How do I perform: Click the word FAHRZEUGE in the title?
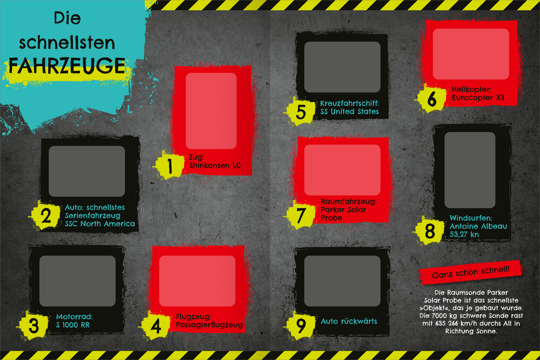click(x=67, y=66)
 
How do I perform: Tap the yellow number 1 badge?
click(x=170, y=166)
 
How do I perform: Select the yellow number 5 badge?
click(x=300, y=112)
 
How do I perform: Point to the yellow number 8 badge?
click(x=430, y=231)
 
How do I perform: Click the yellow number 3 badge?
click(x=34, y=325)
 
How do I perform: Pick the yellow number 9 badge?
click(x=300, y=325)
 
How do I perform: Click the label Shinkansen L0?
click(x=215, y=165)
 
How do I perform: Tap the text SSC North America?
click(x=100, y=224)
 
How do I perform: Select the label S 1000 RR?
click(x=73, y=325)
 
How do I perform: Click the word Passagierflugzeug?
click(x=209, y=325)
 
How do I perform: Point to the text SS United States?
click(x=349, y=111)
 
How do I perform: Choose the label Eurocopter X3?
click(x=478, y=97)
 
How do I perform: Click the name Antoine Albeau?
click(x=478, y=226)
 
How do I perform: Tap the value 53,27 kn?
click(x=464, y=234)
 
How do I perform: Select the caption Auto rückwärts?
click(x=349, y=321)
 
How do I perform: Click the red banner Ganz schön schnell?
click(x=470, y=272)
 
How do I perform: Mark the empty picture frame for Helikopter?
click(x=471, y=54)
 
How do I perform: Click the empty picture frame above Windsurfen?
click(x=470, y=170)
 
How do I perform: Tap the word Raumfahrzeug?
click(x=349, y=201)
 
